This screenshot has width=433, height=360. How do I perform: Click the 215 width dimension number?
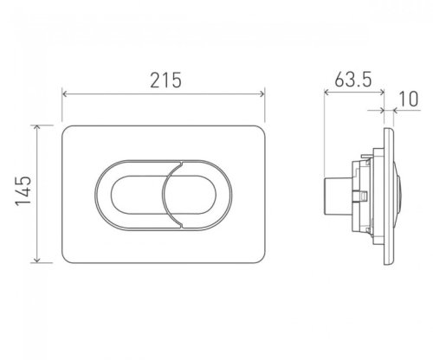point(165,80)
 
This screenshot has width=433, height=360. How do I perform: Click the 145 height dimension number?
point(23,190)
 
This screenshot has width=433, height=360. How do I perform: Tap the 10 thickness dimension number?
point(409,99)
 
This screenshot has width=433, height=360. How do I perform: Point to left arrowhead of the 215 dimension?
point(65,93)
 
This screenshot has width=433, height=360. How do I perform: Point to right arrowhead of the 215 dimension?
point(262,93)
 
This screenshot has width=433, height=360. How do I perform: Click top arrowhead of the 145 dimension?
point(36,127)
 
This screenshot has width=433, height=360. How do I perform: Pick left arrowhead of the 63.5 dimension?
point(326,92)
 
